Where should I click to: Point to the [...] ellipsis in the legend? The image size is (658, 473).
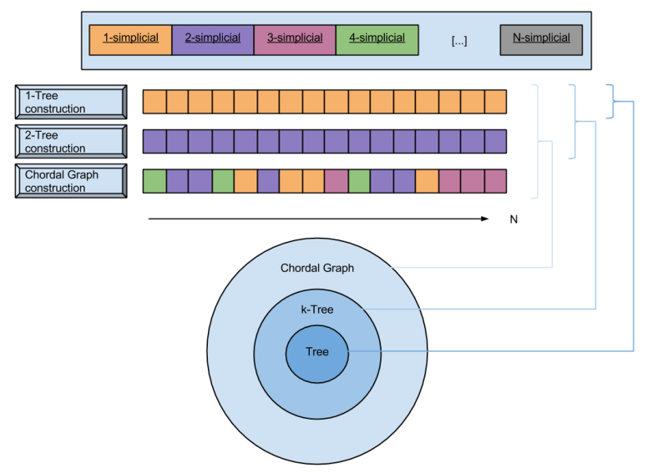458,40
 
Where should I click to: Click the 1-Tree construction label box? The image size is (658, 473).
71,102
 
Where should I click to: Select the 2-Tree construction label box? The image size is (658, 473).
71,142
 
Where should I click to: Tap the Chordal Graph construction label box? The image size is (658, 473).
71,181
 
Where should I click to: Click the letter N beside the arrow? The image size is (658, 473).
514,219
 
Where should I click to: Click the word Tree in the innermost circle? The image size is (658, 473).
317,352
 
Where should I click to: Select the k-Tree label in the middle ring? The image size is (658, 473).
317,309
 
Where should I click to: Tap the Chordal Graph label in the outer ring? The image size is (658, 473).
317,268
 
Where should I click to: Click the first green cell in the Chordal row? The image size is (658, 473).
154,181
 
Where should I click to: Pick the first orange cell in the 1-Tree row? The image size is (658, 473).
154,102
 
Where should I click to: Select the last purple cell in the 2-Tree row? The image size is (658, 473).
495,142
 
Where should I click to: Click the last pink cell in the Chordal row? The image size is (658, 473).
495,181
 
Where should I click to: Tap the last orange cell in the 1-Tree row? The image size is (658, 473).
495,102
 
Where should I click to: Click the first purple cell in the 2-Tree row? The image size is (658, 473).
154,142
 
